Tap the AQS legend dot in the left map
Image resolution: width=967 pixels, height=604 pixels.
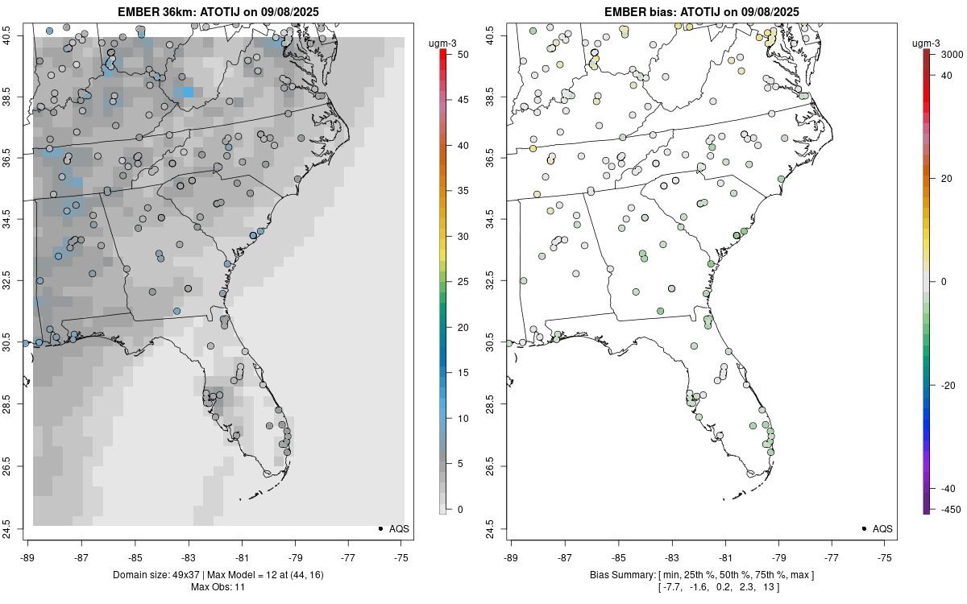click(x=380, y=528)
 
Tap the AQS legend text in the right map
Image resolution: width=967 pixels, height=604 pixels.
click(x=882, y=528)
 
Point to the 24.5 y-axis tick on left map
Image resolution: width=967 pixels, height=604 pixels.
click(x=15, y=528)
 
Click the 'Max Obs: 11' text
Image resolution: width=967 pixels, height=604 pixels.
click(x=218, y=587)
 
